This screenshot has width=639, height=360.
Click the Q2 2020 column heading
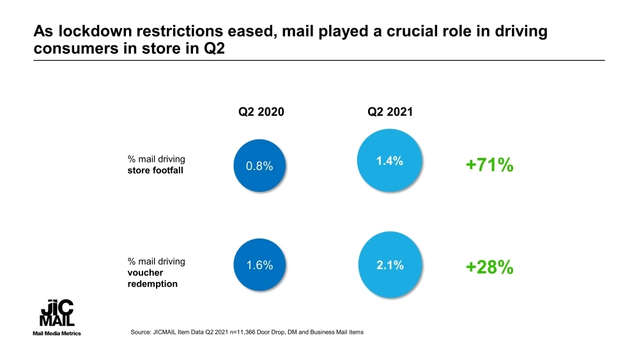pos(261,112)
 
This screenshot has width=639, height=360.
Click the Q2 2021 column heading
pos(390,112)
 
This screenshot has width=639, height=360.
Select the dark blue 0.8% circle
pos(259,166)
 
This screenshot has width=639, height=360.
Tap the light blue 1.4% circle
pos(389,162)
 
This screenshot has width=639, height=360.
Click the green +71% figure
pos(489,165)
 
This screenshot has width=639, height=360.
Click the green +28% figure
pos(489,267)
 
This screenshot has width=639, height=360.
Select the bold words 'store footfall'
pos(155,170)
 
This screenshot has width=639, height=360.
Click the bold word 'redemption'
pos(153,284)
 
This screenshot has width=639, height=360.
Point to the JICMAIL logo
pos(57,314)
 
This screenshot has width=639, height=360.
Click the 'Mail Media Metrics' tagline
pos(57,334)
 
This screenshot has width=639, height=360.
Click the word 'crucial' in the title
pos(378,32)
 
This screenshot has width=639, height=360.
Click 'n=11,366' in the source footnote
pos(226,332)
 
